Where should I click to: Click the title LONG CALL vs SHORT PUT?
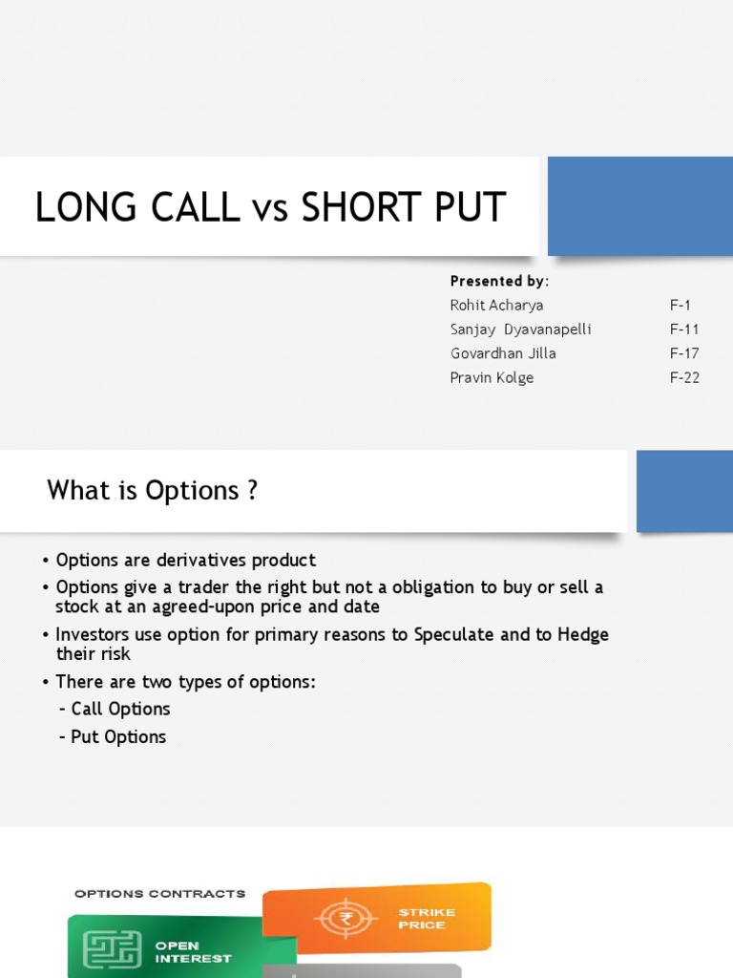click(x=270, y=207)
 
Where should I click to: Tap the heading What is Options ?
click(x=153, y=491)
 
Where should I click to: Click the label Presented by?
click(x=499, y=281)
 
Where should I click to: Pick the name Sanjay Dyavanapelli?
click(x=521, y=330)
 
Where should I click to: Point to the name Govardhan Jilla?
click(x=503, y=353)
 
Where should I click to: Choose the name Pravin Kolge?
click(x=492, y=377)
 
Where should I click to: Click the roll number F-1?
click(x=680, y=306)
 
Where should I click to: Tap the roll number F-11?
click(x=683, y=330)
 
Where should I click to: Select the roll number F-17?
click(x=683, y=353)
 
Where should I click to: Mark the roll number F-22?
click(x=684, y=377)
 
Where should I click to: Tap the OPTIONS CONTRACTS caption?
click(x=159, y=894)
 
